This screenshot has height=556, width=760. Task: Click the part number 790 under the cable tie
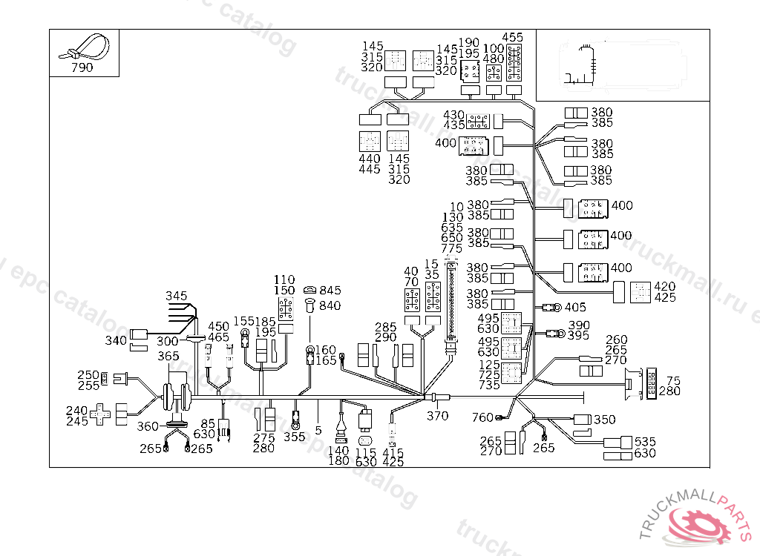82,67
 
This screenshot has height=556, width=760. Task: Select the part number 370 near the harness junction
437,416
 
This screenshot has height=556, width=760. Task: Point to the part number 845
330,291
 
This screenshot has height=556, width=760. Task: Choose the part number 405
575,307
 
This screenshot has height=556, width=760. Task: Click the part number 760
482,418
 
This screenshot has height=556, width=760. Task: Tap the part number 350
604,420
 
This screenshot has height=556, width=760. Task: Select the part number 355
294,437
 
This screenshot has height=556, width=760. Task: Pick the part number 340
116,340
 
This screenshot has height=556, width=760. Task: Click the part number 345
177,296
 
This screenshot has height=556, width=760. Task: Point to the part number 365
168,357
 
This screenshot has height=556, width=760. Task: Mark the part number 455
513,37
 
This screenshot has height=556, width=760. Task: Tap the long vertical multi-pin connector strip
451,303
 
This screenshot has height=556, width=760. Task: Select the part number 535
645,442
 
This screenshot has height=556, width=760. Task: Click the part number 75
673,380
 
